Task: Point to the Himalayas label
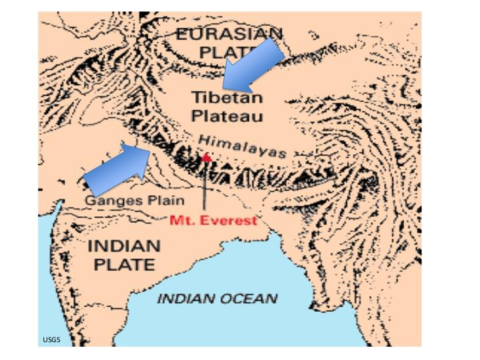click(242, 146)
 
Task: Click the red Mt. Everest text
click(213, 220)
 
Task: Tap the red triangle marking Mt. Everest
click(206, 157)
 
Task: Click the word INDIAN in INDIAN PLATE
click(124, 247)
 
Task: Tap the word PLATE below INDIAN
click(124, 265)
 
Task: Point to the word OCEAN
click(246, 299)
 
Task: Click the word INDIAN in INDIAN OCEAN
click(185, 299)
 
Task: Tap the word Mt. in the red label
click(182, 220)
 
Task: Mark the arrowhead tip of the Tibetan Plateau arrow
click(224, 87)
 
